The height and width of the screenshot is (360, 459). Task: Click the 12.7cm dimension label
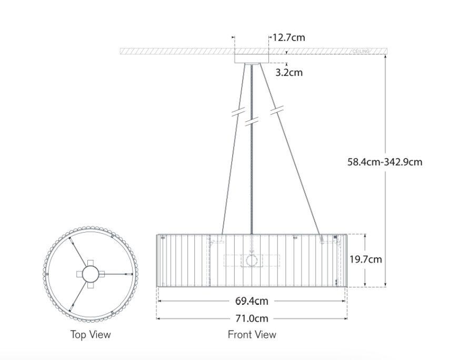[x=289, y=38]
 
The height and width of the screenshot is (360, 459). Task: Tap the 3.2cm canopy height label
[x=289, y=73]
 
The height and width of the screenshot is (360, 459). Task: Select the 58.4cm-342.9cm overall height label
[x=385, y=162]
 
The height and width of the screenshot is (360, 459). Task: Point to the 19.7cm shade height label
[x=366, y=259]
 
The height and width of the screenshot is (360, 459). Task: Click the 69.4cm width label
[x=252, y=301]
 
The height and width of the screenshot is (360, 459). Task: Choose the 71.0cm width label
[x=252, y=318]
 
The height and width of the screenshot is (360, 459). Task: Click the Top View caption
[x=91, y=335]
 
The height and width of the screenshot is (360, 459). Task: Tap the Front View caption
[x=252, y=335]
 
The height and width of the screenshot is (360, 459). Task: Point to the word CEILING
[x=361, y=52]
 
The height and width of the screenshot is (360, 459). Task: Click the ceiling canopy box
[x=252, y=58]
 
